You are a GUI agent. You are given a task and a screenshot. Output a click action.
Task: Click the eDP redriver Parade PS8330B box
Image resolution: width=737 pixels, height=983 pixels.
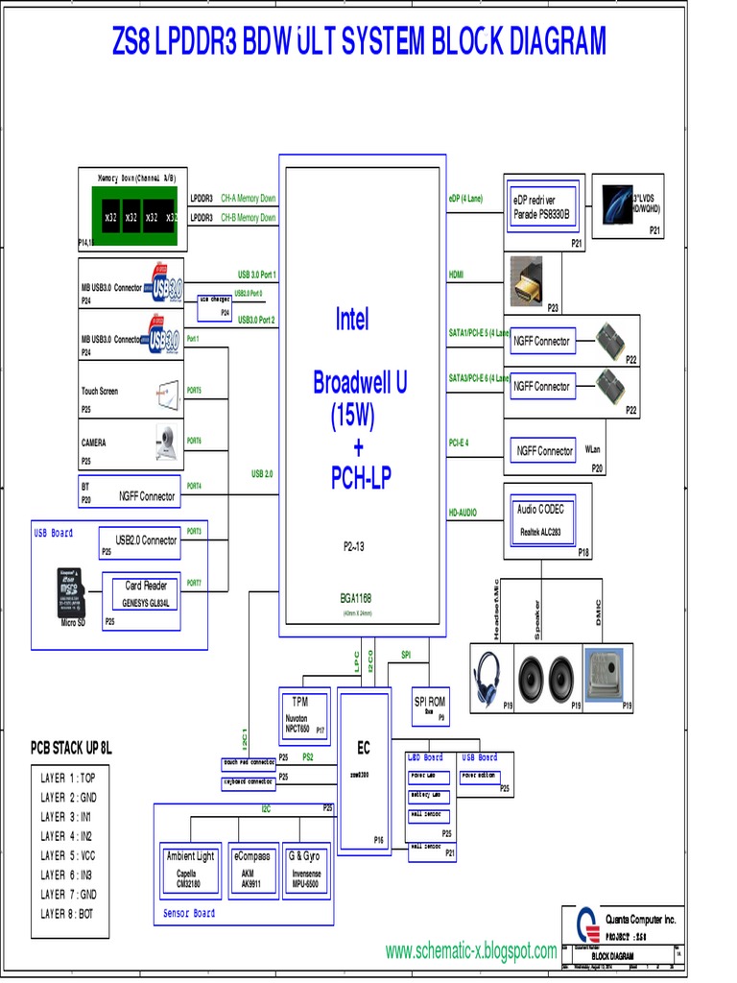tap(539, 207)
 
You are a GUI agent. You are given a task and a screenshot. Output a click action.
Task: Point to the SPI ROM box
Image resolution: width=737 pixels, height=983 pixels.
tap(430, 706)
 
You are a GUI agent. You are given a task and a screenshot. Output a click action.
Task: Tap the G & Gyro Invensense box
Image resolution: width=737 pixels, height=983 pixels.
tap(307, 869)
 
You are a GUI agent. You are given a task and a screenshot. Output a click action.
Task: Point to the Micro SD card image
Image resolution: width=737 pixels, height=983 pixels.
tap(70, 593)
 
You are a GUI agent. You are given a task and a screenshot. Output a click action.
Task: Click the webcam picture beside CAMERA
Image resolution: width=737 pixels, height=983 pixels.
tap(166, 442)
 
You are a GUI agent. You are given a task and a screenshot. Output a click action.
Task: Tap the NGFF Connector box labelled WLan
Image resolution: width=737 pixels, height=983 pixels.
tap(544, 450)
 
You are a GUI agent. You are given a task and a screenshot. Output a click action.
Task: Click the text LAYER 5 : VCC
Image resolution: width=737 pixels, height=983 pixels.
tap(67, 855)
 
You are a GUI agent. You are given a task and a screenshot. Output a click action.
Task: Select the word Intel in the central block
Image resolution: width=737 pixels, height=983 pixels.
tap(352, 320)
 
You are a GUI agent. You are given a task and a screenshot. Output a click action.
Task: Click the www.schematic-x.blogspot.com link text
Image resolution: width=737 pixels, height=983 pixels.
tap(470, 951)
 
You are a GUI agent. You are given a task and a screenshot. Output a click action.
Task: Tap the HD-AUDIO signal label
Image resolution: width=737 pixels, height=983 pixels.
tap(463, 514)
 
